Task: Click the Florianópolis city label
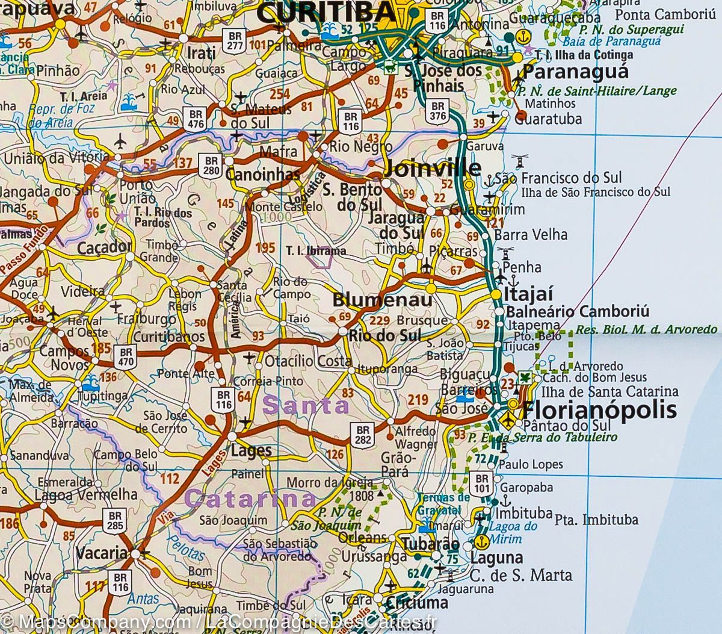click(x=599, y=411)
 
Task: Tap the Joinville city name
click(x=432, y=168)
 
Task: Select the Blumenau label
click(x=382, y=300)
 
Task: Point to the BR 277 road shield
click(x=234, y=39)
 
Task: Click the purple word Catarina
click(x=250, y=499)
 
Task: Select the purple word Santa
click(x=306, y=405)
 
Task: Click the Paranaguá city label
click(x=576, y=72)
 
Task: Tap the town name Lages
click(x=251, y=450)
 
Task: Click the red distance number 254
click(x=280, y=94)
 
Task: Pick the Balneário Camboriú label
click(x=578, y=312)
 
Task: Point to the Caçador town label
click(x=104, y=247)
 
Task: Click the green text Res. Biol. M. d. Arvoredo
click(x=646, y=329)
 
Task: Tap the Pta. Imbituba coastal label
click(x=588, y=520)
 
